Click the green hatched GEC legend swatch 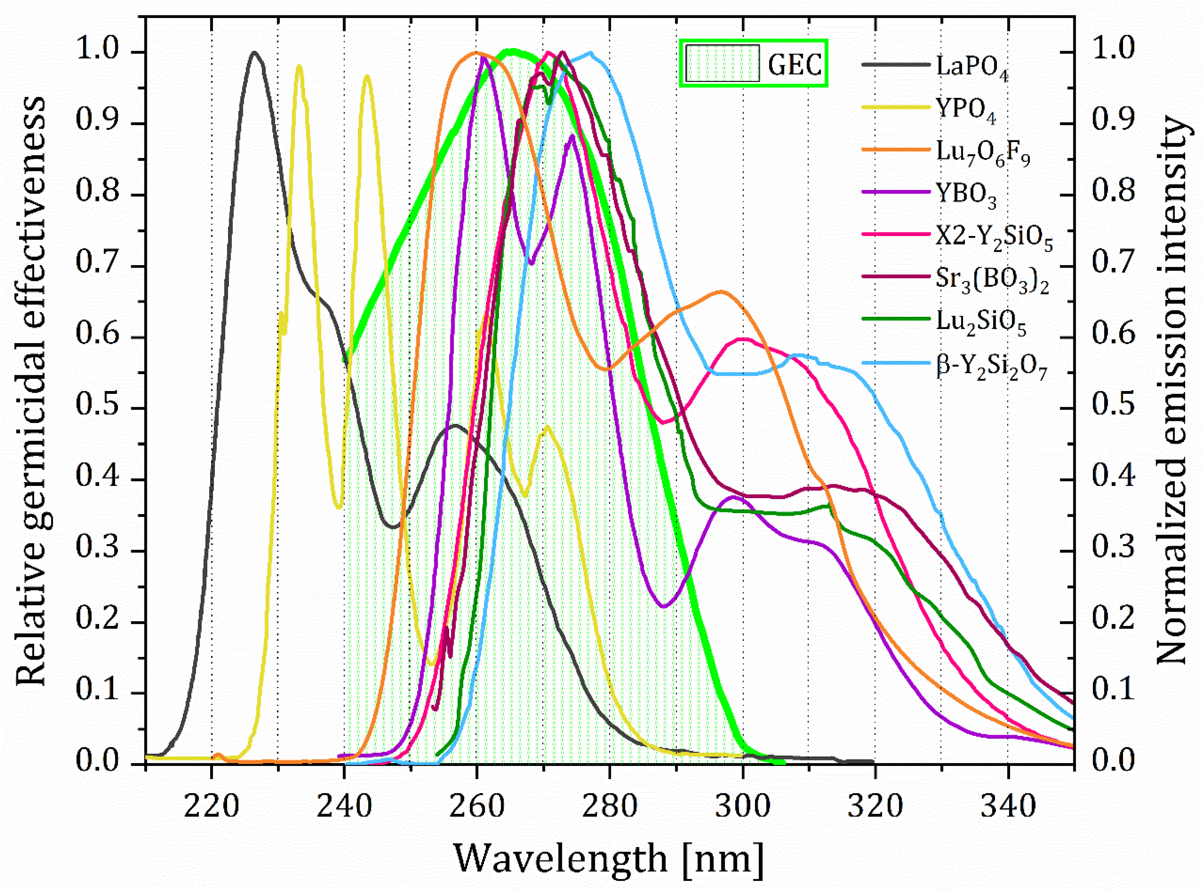click(x=722, y=63)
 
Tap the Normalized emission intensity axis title click(x=1172, y=391)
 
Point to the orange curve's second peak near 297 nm click(x=721, y=291)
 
